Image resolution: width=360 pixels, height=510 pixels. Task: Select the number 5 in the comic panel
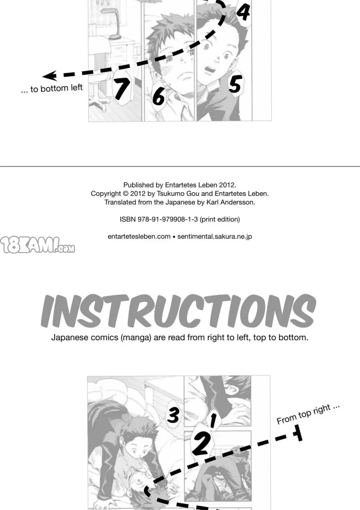pyautogui.click(x=234, y=84)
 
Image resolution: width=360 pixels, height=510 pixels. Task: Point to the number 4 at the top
pyautogui.click(x=243, y=11)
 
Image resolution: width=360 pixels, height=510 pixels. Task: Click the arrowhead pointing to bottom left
pyautogui.click(x=49, y=76)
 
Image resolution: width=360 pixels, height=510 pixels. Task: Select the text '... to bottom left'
pyautogui.click(x=52, y=88)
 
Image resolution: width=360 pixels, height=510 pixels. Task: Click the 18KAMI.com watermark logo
pyautogui.click(x=37, y=245)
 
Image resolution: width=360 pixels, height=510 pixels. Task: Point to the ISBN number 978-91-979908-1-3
pyautogui.click(x=168, y=219)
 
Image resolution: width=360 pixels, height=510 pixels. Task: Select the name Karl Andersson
pyautogui.click(x=230, y=202)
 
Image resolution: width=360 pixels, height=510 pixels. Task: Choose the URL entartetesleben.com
pyautogui.click(x=139, y=236)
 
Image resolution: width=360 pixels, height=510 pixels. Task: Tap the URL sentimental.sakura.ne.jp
pyautogui.click(x=214, y=236)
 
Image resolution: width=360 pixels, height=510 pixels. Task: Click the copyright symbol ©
pyautogui.click(x=126, y=193)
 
